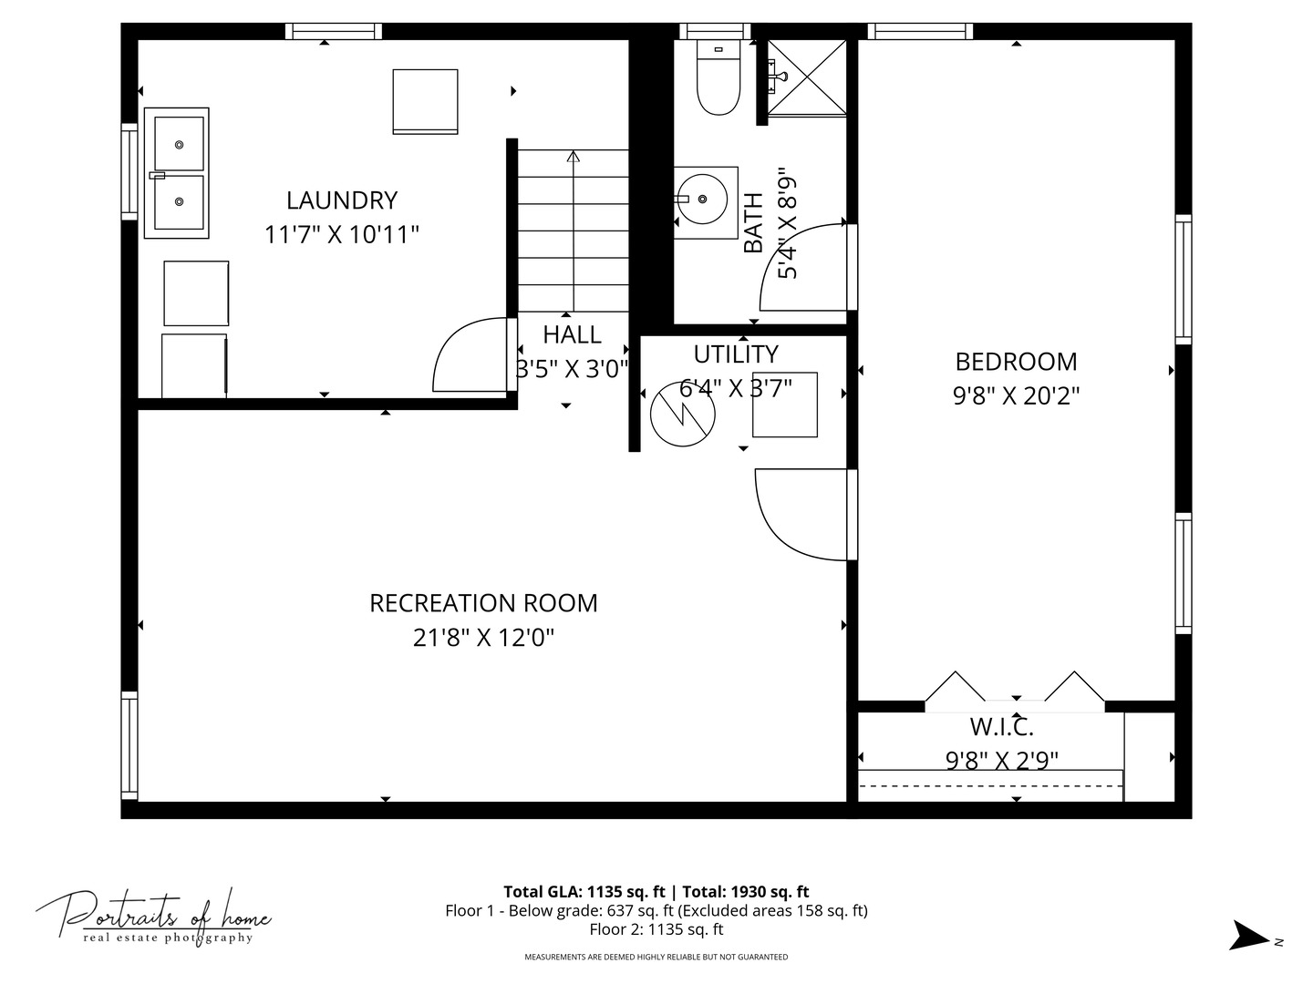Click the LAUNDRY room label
(x=342, y=200)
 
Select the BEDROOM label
(x=1016, y=362)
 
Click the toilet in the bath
(x=718, y=79)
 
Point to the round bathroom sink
(x=705, y=199)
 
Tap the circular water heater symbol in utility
(x=682, y=415)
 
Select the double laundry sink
(x=177, y=173)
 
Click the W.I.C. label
(x=1001, y=727)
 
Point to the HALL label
(x=572, y=335)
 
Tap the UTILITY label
(x=736, y=354)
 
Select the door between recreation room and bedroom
(x=802, y=515)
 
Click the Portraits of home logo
(x=153, y=916)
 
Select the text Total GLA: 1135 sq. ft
(x=584, y=892)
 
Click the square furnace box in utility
(x=784, y=405)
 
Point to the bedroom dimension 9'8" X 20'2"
(x=1016, y=396)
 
